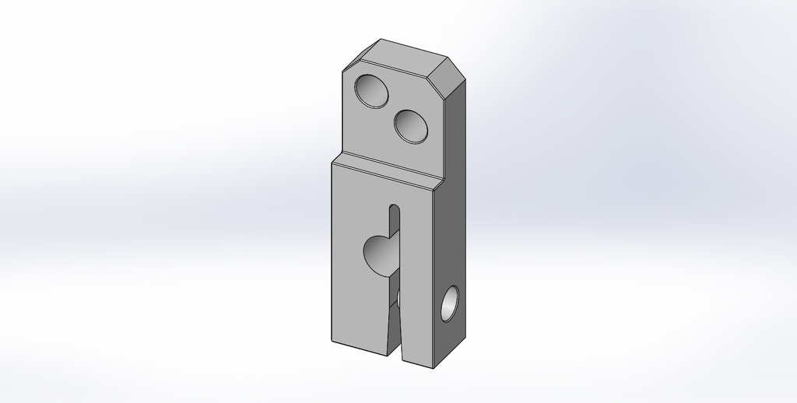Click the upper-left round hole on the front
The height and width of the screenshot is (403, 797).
pyautogui.click(x=371, y=91)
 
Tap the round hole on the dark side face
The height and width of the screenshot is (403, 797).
pyautogui.click(x=450, y=304)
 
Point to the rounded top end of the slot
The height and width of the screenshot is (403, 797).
pyautogui.click(x=395, y=209)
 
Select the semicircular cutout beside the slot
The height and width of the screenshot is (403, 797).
pyautogui.click(x=381, y=254)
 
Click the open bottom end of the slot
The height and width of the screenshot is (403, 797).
pyautogui.click(x=395, y=354)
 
